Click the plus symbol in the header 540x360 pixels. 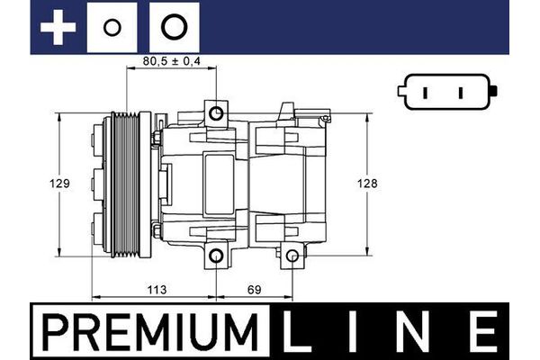pos(58,27)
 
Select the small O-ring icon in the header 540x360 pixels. pos(112,27)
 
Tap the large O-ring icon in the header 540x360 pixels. pos(173,27)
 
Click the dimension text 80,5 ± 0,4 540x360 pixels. pos(171,63)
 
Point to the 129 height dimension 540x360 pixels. pos(59,184)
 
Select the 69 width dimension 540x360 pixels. pos(254,291)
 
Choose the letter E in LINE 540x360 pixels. pos(485,332)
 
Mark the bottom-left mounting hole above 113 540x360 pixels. pos(216,257)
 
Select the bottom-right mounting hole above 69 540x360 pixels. pos(292,257)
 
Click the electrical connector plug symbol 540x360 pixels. pos(447,93)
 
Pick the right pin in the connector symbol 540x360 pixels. pos(460,93)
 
